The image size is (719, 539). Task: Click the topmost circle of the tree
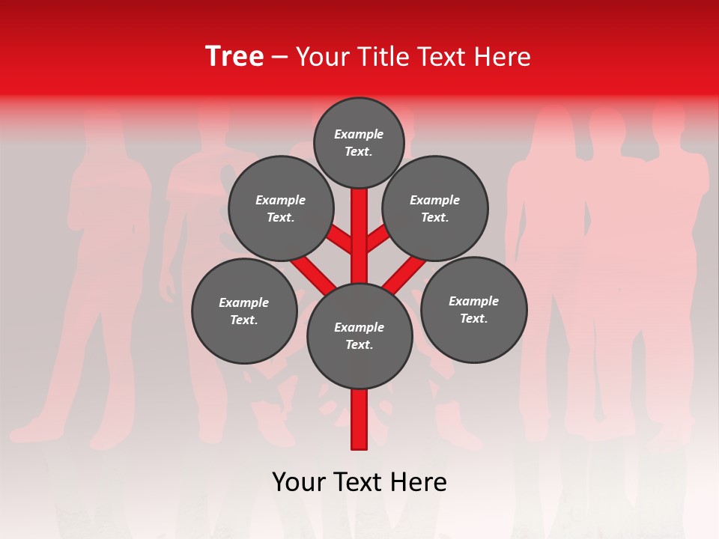(359, 142)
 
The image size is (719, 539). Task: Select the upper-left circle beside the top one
(281, 208)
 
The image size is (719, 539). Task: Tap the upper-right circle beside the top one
(435, 208)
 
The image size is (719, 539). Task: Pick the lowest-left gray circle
(244, 311)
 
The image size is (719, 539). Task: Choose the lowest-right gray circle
(473, 309)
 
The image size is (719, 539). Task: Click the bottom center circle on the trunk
(359, 336)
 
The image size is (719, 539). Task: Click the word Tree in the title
(234, 56)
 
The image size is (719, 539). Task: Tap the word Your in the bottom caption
(298, 482)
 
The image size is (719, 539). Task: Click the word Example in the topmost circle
(359, 134)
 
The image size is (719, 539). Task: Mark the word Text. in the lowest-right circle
(473, 318)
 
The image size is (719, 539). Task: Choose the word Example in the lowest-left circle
(244, 302)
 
